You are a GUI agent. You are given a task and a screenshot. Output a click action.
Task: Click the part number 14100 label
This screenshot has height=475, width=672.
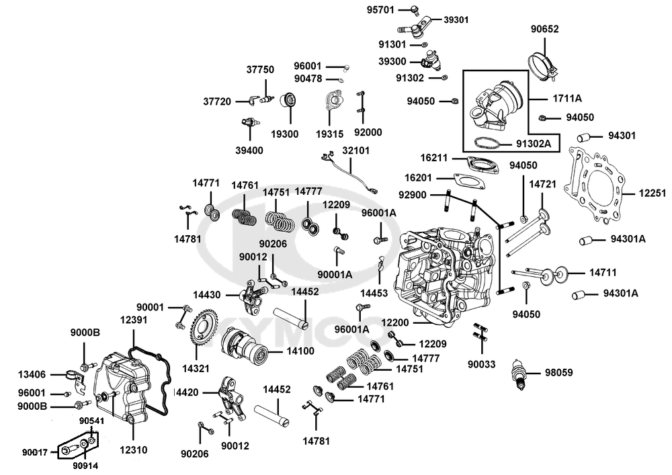(300, 351)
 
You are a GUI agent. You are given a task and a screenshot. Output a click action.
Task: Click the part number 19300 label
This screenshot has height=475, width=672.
(284, 134)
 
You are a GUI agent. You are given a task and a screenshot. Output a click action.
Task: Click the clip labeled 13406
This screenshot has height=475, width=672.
(76, 374)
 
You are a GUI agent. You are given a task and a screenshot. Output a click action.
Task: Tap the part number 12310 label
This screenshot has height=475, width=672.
(134, 449)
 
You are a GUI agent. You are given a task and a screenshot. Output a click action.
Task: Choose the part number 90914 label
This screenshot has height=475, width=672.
(87, 464)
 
